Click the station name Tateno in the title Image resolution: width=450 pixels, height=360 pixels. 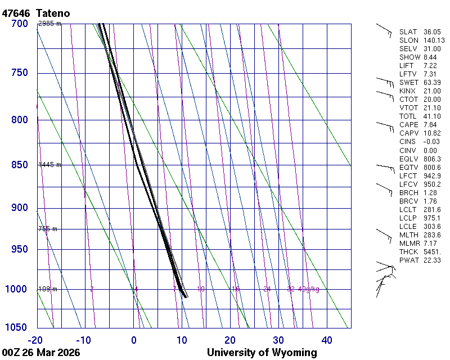53,13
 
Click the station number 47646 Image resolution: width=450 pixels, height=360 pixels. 16,13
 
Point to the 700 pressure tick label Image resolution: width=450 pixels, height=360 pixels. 20,24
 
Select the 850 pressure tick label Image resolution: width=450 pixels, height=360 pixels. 20,165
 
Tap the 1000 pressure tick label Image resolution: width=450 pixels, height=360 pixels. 17,290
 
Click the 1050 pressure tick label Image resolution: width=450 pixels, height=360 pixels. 17,328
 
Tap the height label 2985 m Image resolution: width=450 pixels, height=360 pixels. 49,24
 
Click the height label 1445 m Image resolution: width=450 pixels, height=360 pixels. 49,165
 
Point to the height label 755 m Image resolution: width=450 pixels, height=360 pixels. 48,229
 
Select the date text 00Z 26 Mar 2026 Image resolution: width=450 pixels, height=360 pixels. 40,353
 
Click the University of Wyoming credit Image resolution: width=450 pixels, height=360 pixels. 262,353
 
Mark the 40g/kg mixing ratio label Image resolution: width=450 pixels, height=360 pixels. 309,289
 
